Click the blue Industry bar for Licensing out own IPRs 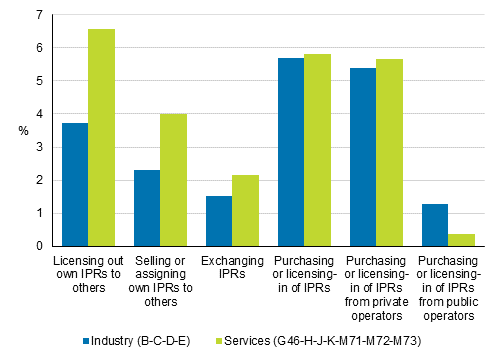pos(75,185)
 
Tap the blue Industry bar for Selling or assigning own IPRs pos(147,208)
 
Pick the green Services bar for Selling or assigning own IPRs pos(174,180)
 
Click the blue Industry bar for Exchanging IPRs pos(218,221)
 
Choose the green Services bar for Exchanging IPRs pos(246,211)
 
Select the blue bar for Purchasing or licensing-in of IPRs pos(290,152)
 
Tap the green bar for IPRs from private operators pos(389,153)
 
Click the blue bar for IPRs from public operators pos(433,225)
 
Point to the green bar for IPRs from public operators pos(461,240)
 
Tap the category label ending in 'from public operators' pos(447,289)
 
